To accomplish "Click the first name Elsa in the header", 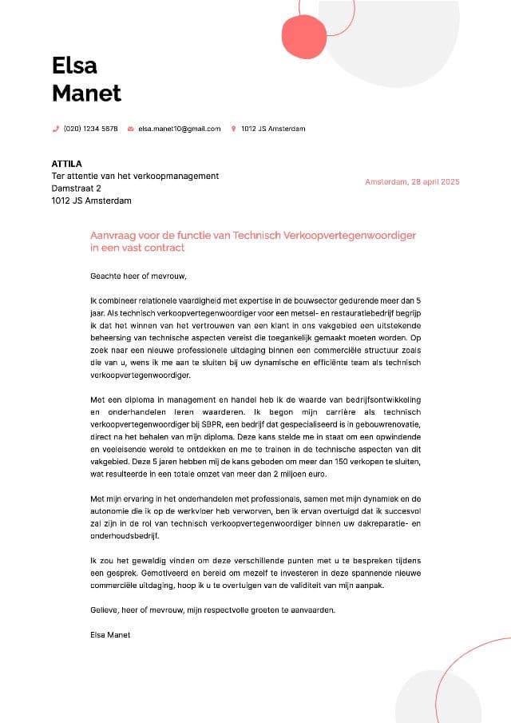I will coord(74,65).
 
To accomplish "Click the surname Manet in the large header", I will coord(86,93).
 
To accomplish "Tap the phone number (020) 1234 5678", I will coord(90,129).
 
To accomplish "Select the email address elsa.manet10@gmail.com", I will coord(179,129).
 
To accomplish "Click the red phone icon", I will coord(55,129).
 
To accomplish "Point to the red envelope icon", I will coord(130,129).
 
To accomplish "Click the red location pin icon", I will coord(234,129).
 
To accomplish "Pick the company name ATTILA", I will coord(66,164).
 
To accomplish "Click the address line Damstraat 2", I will coord(77,189).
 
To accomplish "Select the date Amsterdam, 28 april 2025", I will coord(412,182).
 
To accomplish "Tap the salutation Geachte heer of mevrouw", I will coord(138,276).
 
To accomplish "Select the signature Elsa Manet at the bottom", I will coord(110,635).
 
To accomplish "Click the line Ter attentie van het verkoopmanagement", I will coord(135,176).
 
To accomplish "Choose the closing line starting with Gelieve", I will coord(213,610).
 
